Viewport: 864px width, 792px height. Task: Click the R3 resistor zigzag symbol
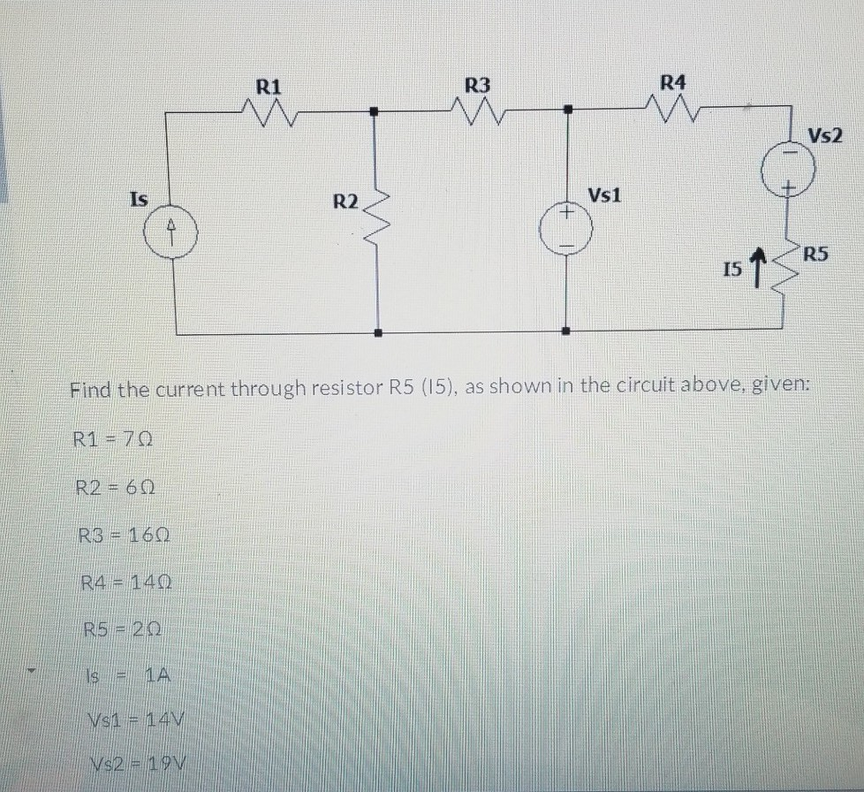tap(477, 111)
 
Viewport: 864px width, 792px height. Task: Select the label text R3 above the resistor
tap(477, 86)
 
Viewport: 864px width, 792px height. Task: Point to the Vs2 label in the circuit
tap(825, 136)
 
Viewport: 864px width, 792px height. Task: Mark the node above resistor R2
tap(375, 112)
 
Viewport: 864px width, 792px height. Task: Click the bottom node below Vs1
tap(567, 332)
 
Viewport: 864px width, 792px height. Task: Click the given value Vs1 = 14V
tap(133, 720)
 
